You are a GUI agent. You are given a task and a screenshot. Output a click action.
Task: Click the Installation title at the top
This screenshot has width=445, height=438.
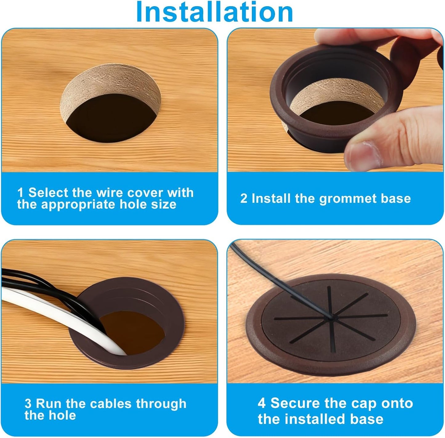tap(214, 12)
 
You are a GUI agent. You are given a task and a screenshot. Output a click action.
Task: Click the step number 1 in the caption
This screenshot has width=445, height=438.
tap(20, 192)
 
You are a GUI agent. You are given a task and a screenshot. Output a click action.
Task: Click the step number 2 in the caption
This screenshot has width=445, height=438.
tap(244, 199)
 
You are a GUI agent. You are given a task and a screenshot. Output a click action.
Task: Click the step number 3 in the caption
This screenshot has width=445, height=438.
tap(28, 404)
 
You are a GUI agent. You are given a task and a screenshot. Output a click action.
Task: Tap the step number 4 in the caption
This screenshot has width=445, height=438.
tap(262, 403)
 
